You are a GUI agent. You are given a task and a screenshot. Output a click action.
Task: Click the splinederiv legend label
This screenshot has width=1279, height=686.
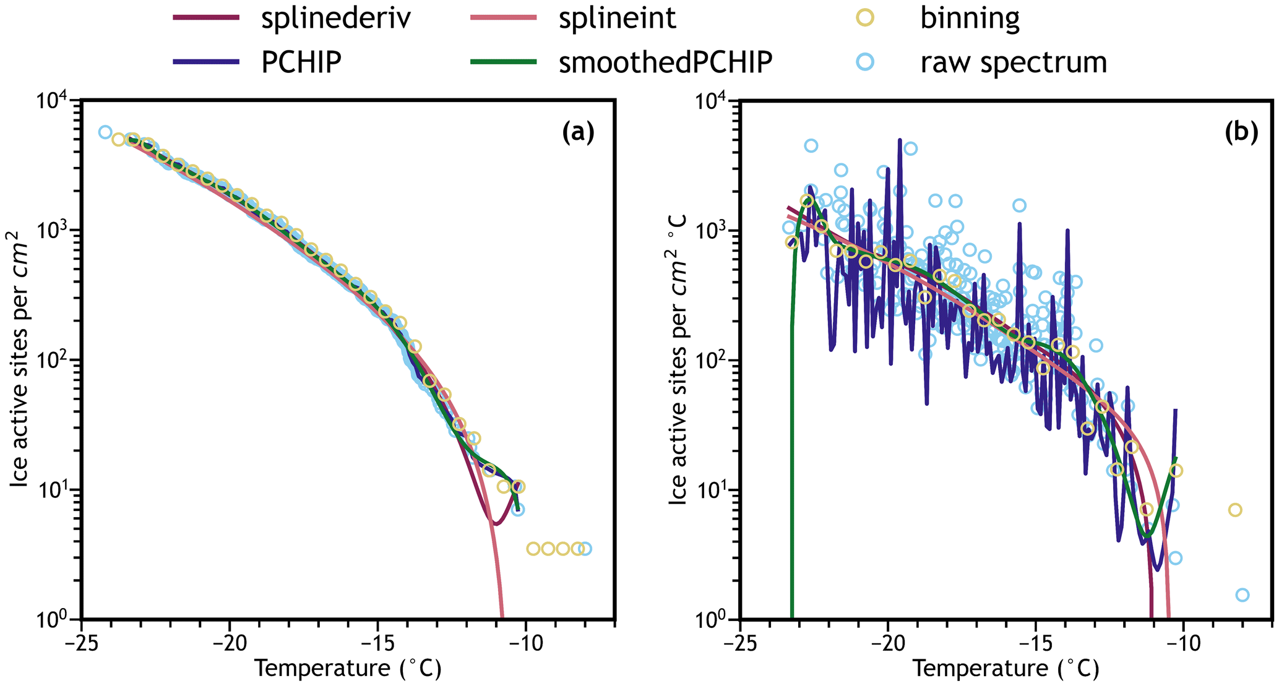tap(335, 18)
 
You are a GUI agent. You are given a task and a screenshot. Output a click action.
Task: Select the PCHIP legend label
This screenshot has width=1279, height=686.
tap(301, 62)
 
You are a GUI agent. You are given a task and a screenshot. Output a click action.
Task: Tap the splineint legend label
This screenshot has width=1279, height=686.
tap(617, 18)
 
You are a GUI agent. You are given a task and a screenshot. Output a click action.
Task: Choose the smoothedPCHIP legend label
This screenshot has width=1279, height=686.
tap(665, 62)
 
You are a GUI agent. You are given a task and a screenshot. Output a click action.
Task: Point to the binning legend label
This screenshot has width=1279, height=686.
tap(970, 18)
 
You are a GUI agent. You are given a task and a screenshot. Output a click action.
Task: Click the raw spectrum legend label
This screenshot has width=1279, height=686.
tap(1014, 62)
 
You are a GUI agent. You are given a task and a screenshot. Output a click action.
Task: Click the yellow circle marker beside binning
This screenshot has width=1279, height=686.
tap(866, 18)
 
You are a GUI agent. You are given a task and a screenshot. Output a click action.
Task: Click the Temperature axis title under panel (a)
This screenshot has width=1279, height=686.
tap(348, 669)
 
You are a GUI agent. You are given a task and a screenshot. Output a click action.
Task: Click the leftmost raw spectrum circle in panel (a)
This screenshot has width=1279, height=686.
tap(105, 132)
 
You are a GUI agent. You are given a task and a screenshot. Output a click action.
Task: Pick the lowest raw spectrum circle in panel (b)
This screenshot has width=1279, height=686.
tap(1242, 595)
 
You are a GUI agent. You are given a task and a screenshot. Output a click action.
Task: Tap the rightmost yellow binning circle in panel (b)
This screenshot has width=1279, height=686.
tap(1235, 510)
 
